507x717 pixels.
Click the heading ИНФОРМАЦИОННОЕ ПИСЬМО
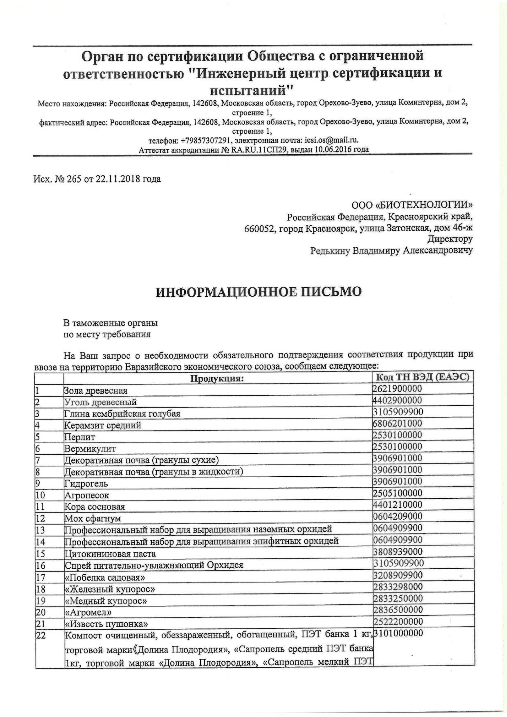(259, 292)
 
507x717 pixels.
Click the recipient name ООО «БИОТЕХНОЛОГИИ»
(412, 205)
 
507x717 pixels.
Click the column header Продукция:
(217, 379)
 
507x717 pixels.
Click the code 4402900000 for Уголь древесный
(397, 400)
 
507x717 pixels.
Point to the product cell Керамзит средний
(103, 425)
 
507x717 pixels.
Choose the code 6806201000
(397, 423)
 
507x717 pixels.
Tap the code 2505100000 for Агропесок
(397, 493)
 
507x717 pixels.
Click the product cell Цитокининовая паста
(110, 554)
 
